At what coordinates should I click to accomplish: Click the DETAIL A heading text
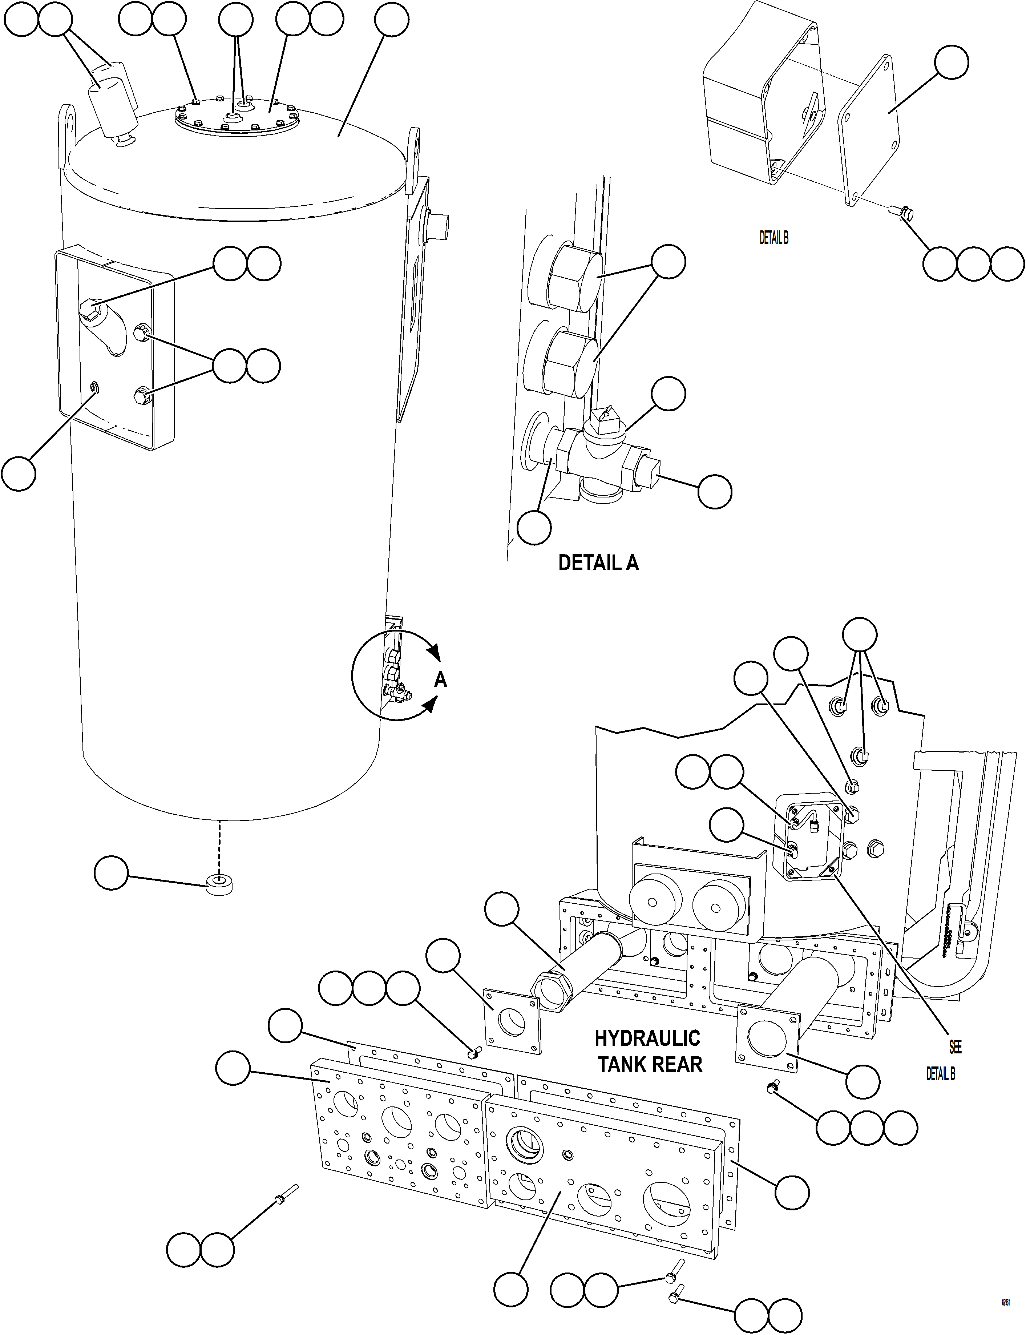pos(598,562)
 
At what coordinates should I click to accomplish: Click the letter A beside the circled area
pos(440,679)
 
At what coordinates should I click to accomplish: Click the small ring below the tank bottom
pos(221,885)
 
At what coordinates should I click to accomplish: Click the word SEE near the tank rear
pos(955,1047)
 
